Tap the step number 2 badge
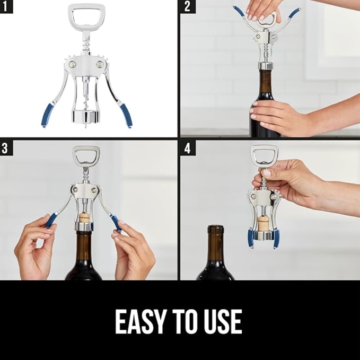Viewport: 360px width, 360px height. [187, 7]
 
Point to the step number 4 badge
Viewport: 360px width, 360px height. [187, 148]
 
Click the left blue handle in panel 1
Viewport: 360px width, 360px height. [47, 115]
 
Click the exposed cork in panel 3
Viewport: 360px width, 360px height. [84, 217]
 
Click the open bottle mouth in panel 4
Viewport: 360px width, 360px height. [215, 229]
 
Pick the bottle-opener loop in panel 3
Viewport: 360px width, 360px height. [86, 156]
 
